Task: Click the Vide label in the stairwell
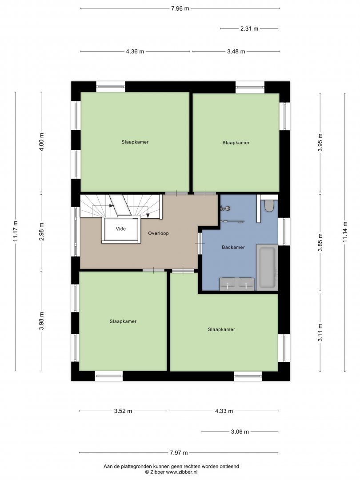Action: point(120,229)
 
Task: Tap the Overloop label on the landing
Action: point(158,233)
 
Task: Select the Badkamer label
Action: point(233,247)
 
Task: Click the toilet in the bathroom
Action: point(269,206)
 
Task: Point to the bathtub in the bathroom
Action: point(267,267)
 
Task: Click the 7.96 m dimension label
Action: point(180,8)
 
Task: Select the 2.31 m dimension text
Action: point(249,29)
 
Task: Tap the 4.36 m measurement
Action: point(135,52)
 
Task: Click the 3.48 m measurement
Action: point(236,52)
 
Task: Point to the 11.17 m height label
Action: point(16,231)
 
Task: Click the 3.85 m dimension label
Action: point(320,243)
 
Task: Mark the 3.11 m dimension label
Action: point(320,332)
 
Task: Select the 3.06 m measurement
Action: point(240,432)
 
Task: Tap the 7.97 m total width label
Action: point(179,452)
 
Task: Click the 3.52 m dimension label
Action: point(123,411)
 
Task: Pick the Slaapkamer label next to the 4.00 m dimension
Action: point(135,142)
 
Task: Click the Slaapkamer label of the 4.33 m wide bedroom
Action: point(221,329)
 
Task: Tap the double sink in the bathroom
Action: point(237,284)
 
